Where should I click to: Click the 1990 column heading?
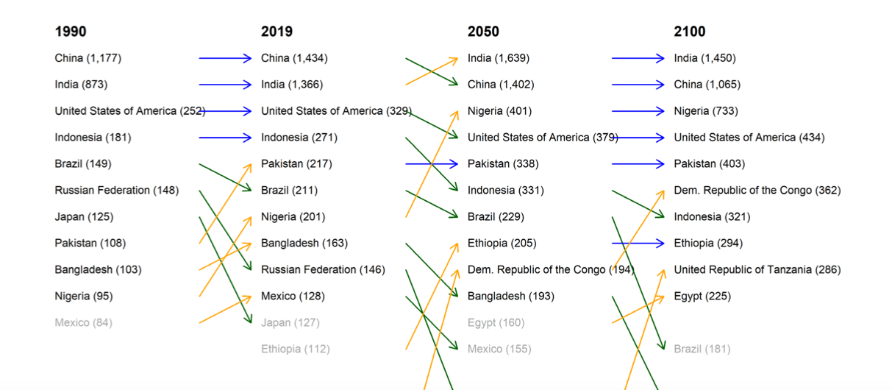pyautogui.click(x=71, y=32)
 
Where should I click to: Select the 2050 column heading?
pyautogui.click(x=483, y=32)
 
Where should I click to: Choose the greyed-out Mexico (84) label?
pyautogui.click(x=83, y=323)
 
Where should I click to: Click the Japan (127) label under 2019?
pyautogui.click(x=290, y=323)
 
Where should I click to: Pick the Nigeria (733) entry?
pyautogui.click(x=705, y=111)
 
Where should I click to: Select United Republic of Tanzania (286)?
pyautogui.click(x=757, y=270)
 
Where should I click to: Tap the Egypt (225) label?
pyautogui.click(x=702, y=297)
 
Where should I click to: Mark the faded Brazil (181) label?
pyautogui.click(x=702, y=350)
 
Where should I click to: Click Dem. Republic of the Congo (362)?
pyautogui.click(x=757, y=191)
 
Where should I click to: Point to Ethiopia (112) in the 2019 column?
pyautogui.click(x=295, y=350)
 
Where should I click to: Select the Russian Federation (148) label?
pyautogui.click(x=116, y=191)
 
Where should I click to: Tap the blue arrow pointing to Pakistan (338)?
pyautogui.click(x=432, y=164)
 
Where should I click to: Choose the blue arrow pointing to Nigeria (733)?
pyautogui.click(x=638, y=111)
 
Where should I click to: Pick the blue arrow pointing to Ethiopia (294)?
pyautogui.click(x=638, y=244)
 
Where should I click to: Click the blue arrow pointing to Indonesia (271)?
pyautogui.click(x=225, y=138)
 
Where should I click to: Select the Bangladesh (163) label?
pyautogui.click(x=304, y=244)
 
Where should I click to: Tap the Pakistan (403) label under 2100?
pyautogui.click(x=706, y=164)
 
